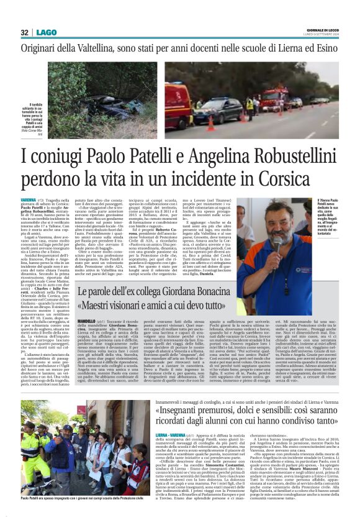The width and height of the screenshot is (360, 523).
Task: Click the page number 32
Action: [24, 32]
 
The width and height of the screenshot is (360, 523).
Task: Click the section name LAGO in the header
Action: [45, 32]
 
